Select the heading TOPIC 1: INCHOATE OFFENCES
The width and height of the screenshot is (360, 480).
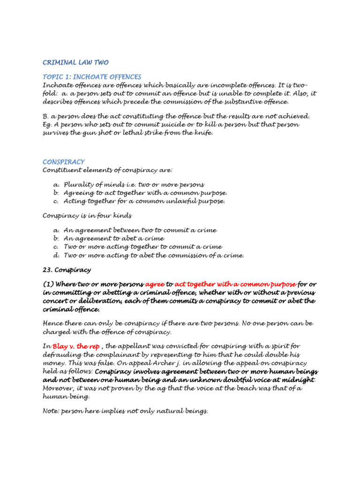tap(92, 76)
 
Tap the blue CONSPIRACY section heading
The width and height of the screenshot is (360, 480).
tap(64, 162)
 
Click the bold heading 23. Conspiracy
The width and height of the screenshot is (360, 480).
tap(67, 270)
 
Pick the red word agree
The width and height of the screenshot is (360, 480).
tap(155, 284)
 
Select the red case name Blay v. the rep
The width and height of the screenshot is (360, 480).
tap(76, 346)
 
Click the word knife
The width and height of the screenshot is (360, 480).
tap(202, 133)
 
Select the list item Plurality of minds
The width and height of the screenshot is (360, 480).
tap(91, 185)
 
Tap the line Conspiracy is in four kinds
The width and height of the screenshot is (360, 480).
tap(87, 216)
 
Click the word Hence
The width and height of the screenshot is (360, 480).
tap(53, 324)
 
